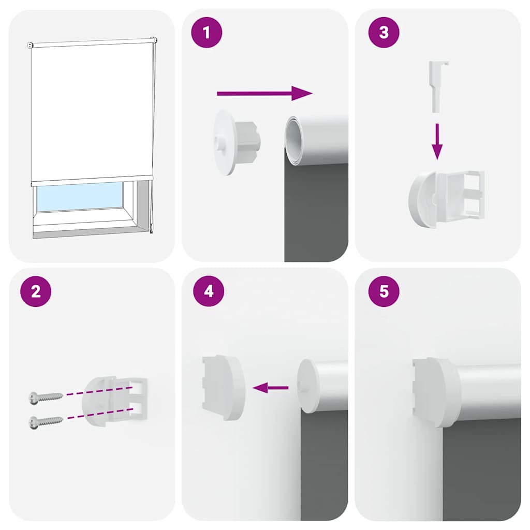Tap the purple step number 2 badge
click(36, 291)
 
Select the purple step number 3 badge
click(384, 33)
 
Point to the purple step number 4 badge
click(209, 291)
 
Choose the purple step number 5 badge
click(384, 291)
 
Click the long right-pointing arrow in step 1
click(264, 94)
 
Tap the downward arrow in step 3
click(437, 141)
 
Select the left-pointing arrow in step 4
click(270, 388)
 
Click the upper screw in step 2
click(46, 397)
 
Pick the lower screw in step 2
click(46, 422)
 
